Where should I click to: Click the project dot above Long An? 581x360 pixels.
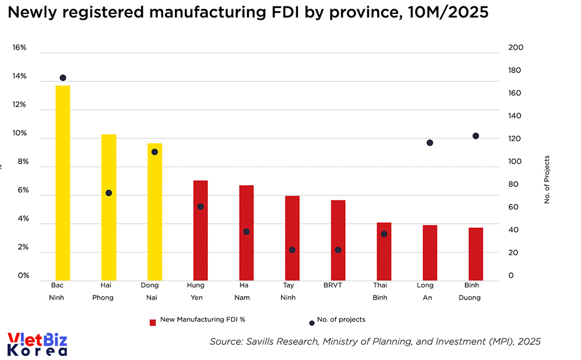[430, 143]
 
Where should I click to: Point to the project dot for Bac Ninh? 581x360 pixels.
[63, 78]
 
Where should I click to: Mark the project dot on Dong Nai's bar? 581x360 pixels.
[155, 152]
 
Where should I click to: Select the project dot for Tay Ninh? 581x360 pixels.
[292, 250]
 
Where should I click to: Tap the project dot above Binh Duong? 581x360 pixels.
[476, 136]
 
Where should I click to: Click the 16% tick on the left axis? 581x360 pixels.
[20, 48]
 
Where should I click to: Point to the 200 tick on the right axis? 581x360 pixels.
[516, 48]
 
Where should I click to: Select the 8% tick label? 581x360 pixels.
[21, 162]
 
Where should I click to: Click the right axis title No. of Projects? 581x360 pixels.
[547, 179]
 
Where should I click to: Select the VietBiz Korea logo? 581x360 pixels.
[37, 344]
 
